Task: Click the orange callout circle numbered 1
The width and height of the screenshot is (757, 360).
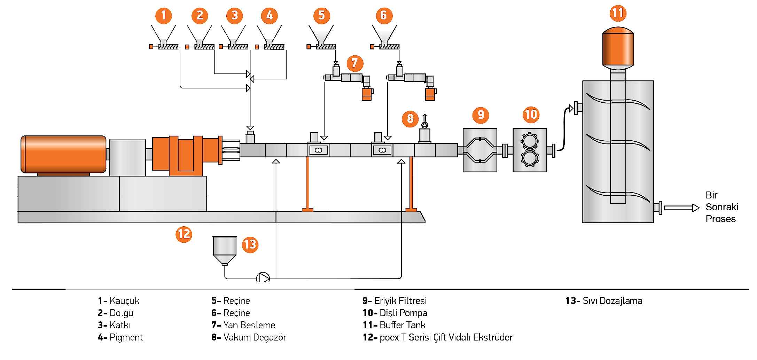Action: coord(164,15)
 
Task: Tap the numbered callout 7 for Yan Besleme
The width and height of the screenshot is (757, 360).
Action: coord(355,63)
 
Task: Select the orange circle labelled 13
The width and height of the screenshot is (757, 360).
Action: coord(250,244)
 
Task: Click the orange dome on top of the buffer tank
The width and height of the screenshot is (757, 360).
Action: coord(618,47)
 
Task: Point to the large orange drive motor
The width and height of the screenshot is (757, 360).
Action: coord(63,154)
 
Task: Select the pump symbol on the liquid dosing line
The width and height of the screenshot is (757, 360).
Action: coord(263,278)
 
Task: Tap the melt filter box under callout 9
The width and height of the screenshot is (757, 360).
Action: coord(480,150)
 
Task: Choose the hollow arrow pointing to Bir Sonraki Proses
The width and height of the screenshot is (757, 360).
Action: coord(682,208)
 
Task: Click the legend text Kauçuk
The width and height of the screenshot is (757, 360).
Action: coord(124,301)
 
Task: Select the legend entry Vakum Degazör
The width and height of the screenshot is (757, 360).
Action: coord(255,337)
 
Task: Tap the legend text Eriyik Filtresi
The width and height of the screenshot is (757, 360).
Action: coord(400,301)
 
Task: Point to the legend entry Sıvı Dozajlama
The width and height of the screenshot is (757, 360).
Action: coord(612,301)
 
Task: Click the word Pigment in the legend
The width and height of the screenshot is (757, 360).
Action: coord(126,337)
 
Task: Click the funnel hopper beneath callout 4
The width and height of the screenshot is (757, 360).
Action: coord(269,35)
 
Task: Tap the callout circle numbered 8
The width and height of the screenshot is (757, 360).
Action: coord(410,118)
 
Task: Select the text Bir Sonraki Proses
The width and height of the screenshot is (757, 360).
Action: coord(722,207)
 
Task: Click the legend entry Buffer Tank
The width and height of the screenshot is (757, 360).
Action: coord(403,325)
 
